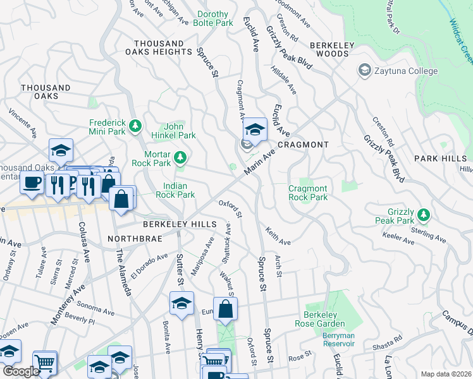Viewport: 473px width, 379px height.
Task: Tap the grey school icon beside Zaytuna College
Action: (364, 70)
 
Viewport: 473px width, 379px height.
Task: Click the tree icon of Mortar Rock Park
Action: (181, 157)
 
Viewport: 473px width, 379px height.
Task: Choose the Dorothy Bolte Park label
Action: (216, 18)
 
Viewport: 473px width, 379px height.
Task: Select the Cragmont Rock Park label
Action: (308, 193)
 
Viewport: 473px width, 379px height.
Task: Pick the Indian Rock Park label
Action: (179, 190)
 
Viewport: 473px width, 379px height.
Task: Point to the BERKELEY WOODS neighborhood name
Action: (329, 49)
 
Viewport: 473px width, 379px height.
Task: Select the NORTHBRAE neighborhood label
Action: (136, 239)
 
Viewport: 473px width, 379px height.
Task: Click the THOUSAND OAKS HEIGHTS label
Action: (159, 47)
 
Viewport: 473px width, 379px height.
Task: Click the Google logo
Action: (21, 371)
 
